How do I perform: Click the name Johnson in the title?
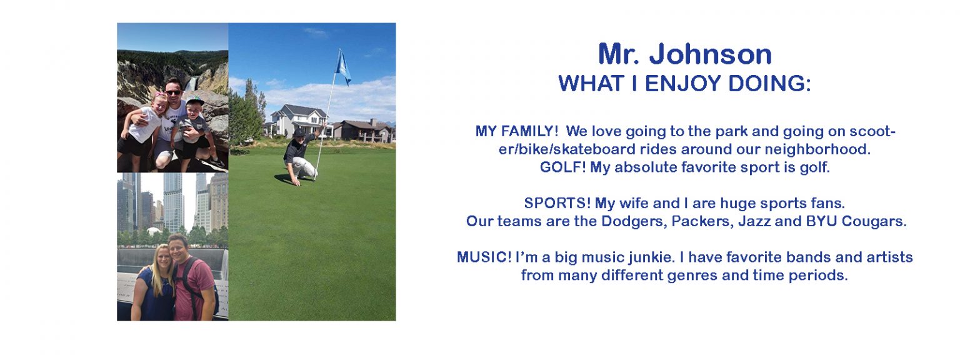(x=710, y=54)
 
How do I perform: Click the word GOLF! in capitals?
(x=562, y=167)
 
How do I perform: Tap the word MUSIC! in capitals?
(x=484, y=257)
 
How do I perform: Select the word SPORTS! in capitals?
(x=557, y=203)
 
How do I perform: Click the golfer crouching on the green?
(x=300, y=156)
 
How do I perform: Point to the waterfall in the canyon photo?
(x=192, y=84)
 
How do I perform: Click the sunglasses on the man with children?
(x=173, y=92)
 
